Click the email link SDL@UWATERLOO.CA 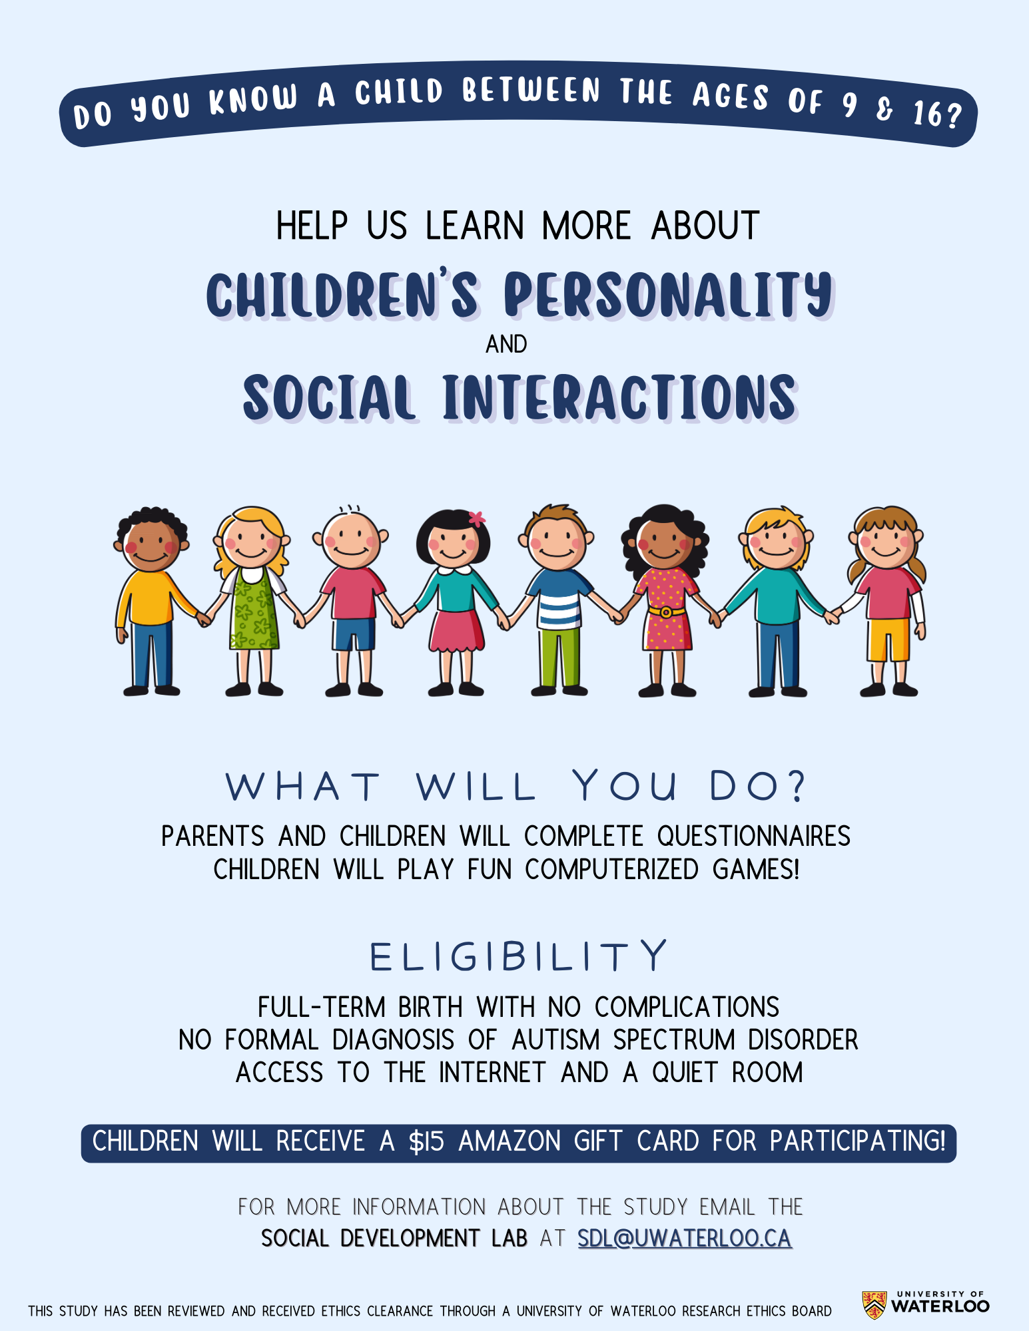684,1238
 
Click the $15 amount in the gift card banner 426,1142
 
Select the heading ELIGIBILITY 518,957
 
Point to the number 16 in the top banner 927,114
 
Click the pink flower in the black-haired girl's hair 476,518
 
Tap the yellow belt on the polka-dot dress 665,611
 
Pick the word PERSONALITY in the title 667,295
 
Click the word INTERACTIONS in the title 619,397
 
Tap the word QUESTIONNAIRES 753,837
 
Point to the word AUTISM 555,1040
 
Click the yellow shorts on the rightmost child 888,639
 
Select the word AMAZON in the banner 510,1142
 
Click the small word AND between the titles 506,345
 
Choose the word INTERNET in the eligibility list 492,1073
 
